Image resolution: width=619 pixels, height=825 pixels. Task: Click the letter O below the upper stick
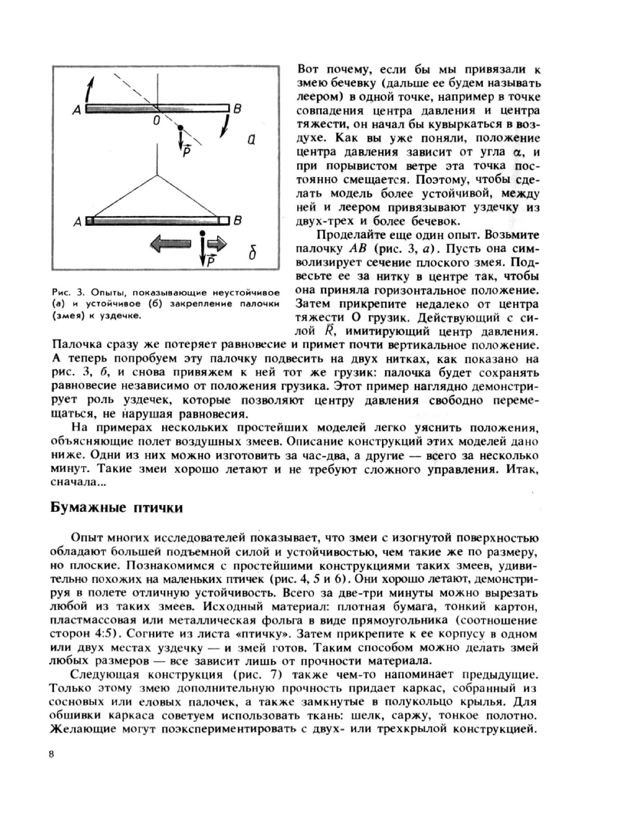[x=157, y=120]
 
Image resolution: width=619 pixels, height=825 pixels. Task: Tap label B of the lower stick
[x=238, y=220]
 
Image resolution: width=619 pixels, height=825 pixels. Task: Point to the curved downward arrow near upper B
[x=227, y=127]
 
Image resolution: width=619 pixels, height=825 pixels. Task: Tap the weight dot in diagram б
[x=203, y=234]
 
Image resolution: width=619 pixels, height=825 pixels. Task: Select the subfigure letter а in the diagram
[x=251, y=140]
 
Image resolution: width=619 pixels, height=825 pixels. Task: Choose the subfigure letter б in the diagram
[x=253, y=254]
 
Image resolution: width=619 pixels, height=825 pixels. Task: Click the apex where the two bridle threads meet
[x=159, y=174]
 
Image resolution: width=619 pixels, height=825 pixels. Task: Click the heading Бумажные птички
[x=116, y=508]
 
